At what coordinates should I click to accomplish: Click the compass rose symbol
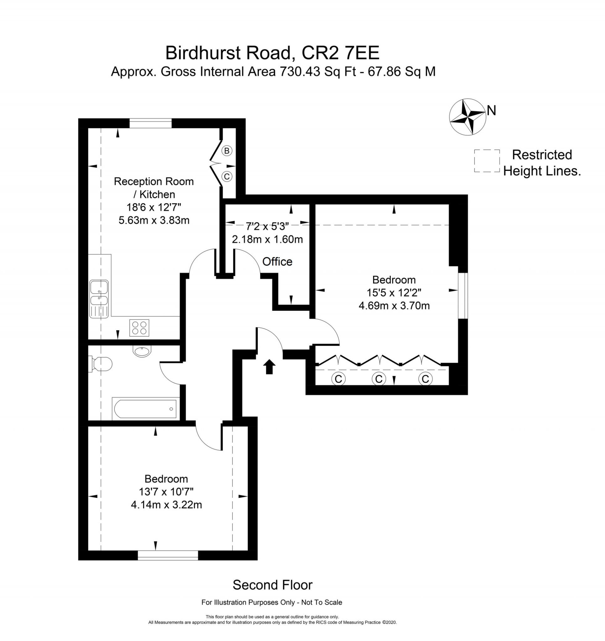pyautogui.click(x=467, y=117)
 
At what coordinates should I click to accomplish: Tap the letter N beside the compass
pyautogui.click(x=491, y=111)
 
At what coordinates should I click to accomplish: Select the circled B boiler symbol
pyautogui.click(x=227, y=151)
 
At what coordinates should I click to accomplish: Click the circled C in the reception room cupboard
pyautogui.click(x=227, y=177)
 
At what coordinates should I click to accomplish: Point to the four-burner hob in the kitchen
pyautogui.click(x=139, y=328)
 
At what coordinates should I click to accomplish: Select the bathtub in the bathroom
pyautogui.click(x=145, y=409)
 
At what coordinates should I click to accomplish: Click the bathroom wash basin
pyautogui.click(x=142, y=351)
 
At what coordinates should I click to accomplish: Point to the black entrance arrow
pyautogui.click(x=269, y=367)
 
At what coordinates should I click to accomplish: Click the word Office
pyautogui.click(x=277, y=261)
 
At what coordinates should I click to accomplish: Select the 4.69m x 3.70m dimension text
pyautogui.click(x=394, y=305)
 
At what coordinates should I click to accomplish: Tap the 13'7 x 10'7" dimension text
pyautogui.click(x=166, y=492)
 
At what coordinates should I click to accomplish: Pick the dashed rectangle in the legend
pyautogui.click(x=487, y=161)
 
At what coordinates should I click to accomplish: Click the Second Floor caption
pyautogui.click(x=273, y=585)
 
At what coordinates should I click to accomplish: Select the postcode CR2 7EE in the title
pyautogui.click(x=340, y=53)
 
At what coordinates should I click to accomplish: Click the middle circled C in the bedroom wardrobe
pyautogui.click(x=379, y=378)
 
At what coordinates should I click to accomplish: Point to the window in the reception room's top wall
pyautogui.click(x=151, y=123)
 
